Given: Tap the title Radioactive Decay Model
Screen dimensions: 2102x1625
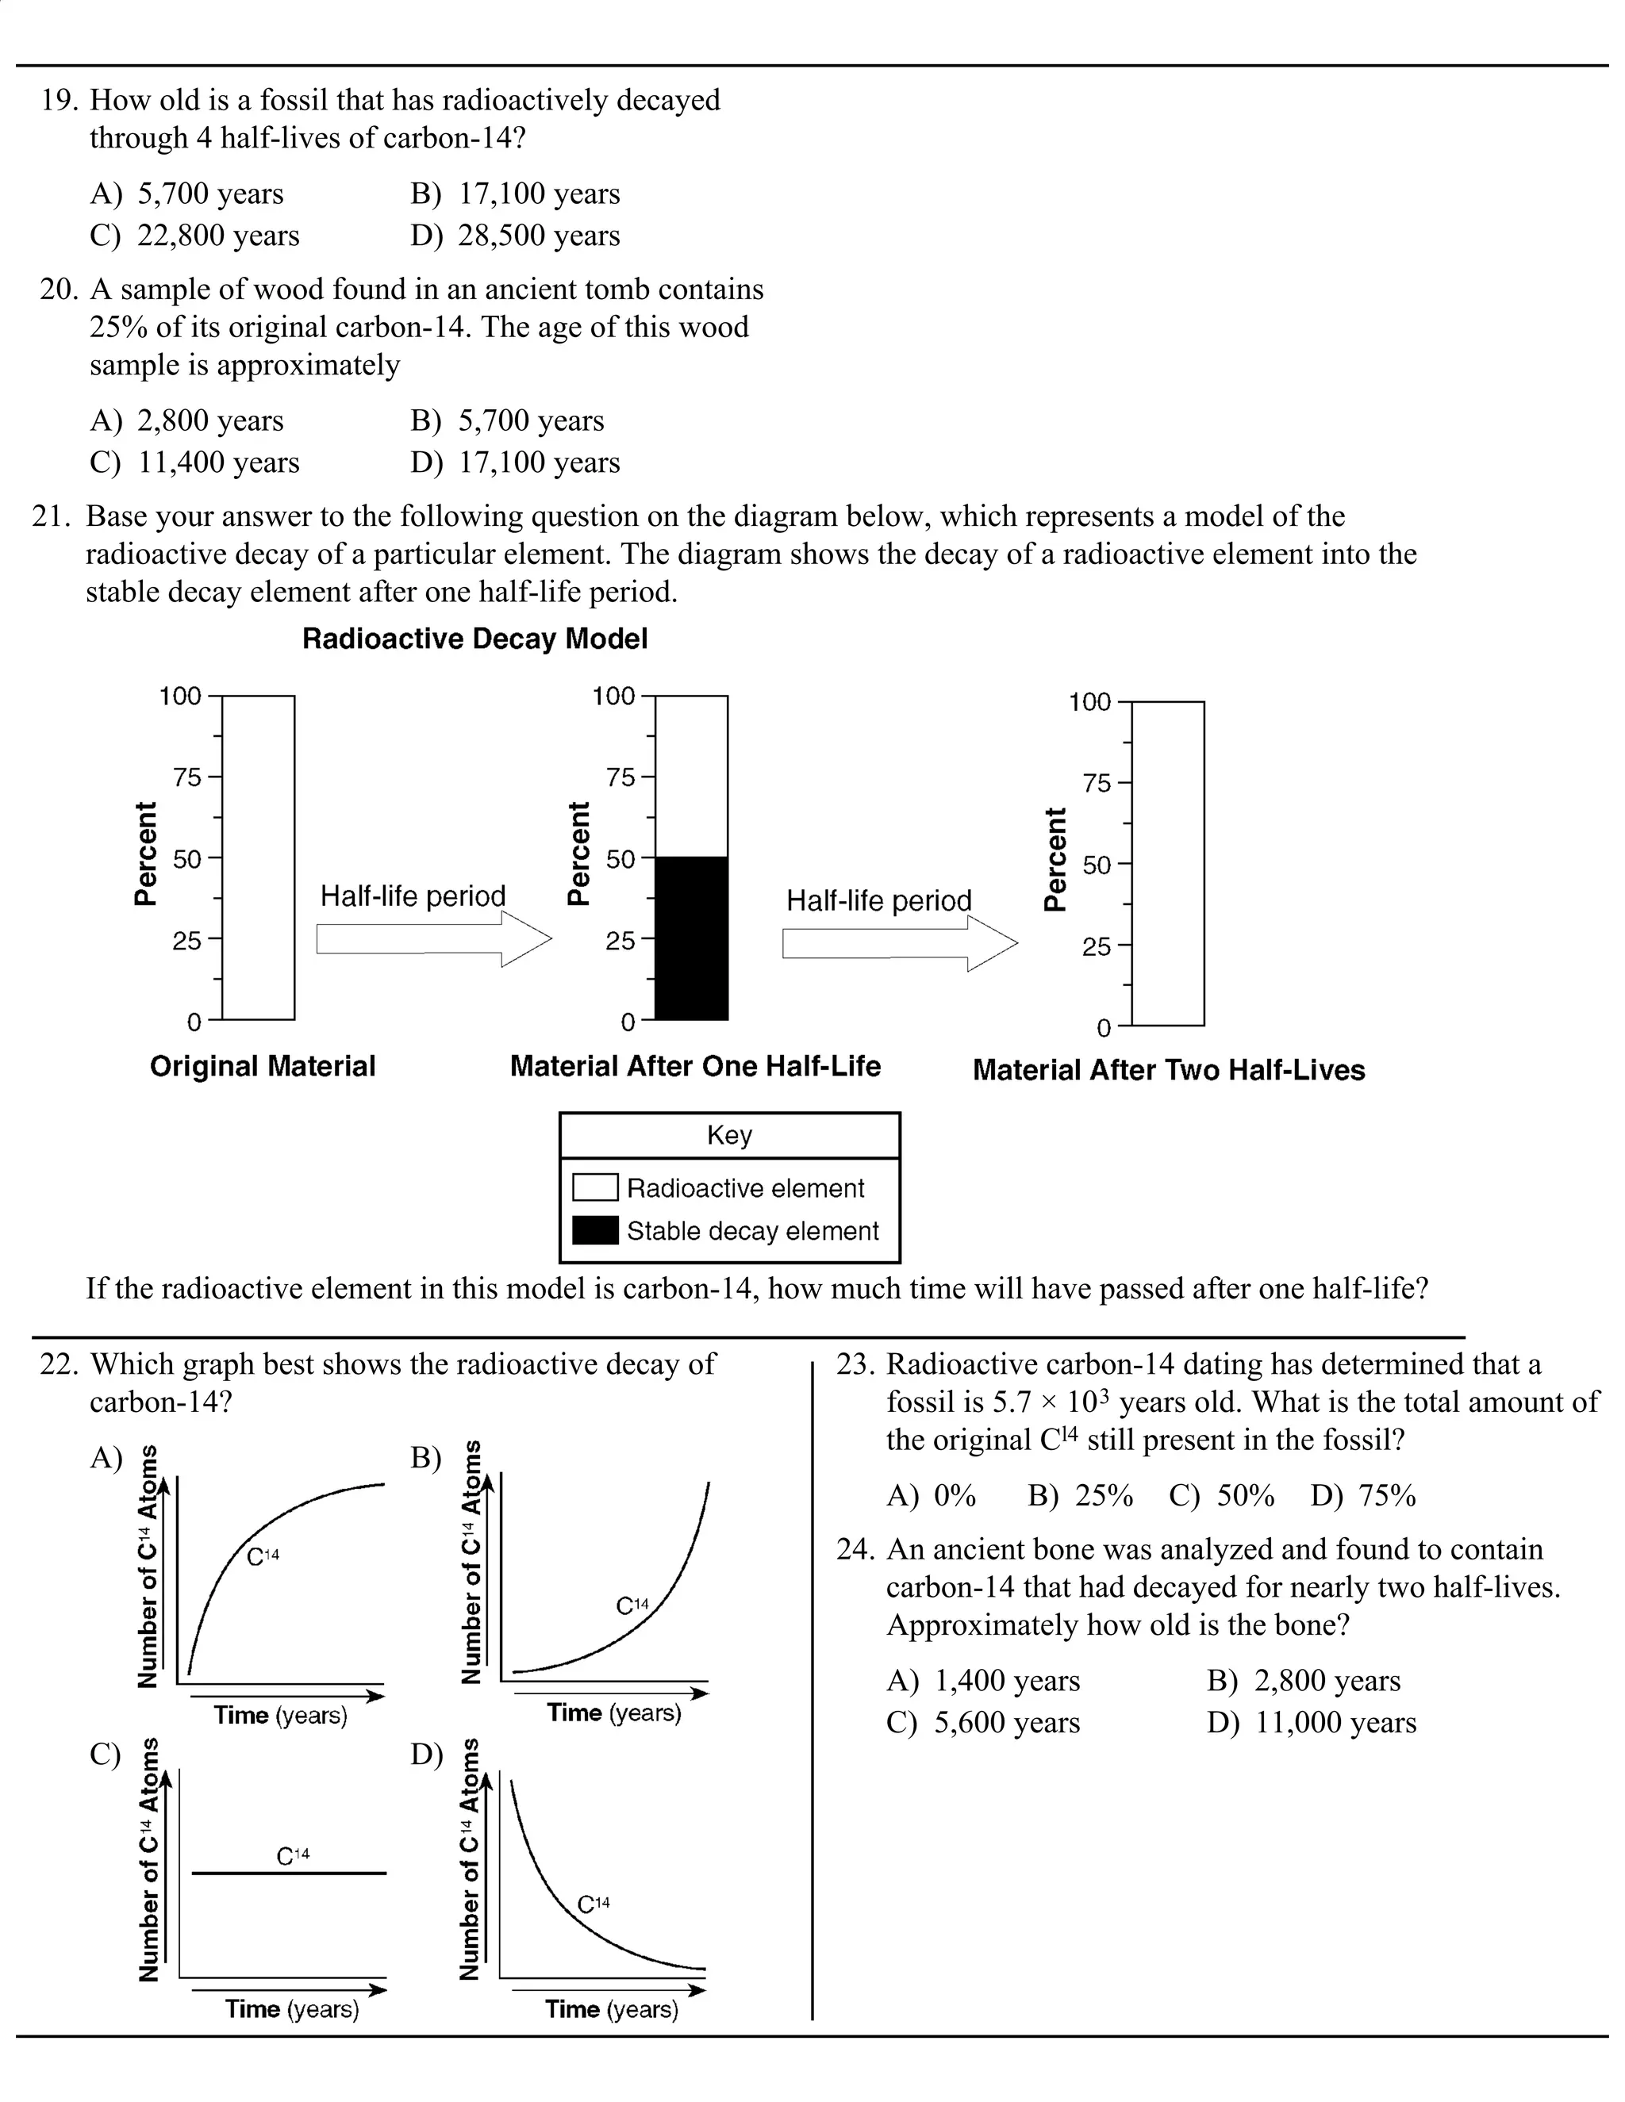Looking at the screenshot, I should point(474,639).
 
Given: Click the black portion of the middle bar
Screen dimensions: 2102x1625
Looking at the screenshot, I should point(691,938).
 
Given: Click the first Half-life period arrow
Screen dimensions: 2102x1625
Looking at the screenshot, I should point(433,939).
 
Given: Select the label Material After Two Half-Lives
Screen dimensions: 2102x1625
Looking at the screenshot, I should point(1169,1070).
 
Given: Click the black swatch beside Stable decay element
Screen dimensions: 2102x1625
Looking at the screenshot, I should point(595,1231).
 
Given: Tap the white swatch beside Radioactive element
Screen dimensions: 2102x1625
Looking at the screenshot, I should point(595,1187).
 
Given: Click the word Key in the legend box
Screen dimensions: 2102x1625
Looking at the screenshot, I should point(728,1136).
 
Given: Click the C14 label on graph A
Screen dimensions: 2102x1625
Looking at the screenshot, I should point(263,1556).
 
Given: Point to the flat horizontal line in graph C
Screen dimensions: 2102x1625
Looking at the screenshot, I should point(289,1873).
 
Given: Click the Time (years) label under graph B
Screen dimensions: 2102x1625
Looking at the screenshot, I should point(613,1713).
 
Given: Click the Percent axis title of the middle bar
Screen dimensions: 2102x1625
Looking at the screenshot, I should point(578,853).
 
